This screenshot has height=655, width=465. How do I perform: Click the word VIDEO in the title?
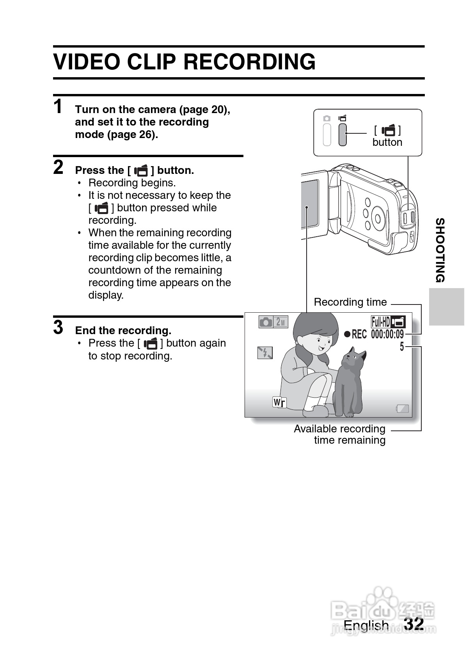tap(87, 62)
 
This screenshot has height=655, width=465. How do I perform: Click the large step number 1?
tap(58, 106)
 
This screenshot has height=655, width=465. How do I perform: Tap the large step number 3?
tap(58, 327)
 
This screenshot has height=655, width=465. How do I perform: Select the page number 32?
tap(414, 623)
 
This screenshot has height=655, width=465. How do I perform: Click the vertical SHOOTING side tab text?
tap(440, 250)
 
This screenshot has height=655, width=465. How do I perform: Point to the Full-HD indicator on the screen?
tap(380, 322)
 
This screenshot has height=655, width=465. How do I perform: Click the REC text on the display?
tap(359, 334)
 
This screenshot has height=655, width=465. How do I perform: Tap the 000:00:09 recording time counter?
tap(387, 334)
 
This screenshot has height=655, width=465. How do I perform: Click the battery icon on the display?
tap(402, 409)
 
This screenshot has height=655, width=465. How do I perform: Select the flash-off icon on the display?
tap(265, 352)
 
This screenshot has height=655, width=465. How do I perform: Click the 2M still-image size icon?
tap(280, 322)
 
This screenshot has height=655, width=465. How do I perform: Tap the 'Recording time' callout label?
tap(350, 302)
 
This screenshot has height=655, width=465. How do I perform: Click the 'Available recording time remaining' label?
tap(340, 434)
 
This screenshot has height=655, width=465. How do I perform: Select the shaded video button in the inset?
tap(343, 135)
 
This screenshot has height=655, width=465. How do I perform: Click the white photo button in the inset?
tap(327, 135)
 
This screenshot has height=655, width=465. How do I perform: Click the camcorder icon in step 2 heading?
tap(141, 170)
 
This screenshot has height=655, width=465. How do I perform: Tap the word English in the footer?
tap(366, 625)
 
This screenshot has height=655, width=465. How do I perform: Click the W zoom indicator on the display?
tap(279, 402)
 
